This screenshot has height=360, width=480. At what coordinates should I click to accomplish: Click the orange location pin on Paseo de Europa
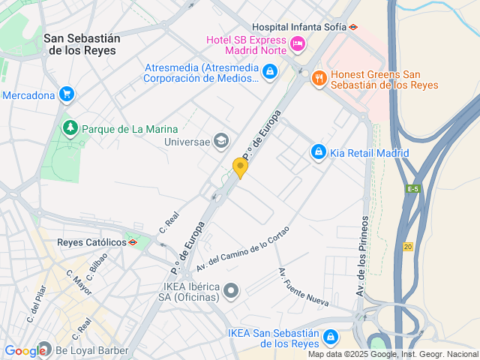pos(240,167)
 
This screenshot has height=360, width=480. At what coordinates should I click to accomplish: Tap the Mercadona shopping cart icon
pos(67,94)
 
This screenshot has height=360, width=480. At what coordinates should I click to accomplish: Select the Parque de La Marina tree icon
pos(70,128)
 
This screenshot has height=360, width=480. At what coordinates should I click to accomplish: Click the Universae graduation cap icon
pos(221,139)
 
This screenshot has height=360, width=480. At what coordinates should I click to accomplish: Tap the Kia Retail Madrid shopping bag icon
pos(319,152)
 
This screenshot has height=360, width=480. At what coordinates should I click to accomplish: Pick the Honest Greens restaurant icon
pos(319,77)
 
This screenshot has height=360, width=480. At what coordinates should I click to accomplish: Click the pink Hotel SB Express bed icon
pos(297,43)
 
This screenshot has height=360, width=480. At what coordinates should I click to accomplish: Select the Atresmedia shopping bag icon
pos(270,72)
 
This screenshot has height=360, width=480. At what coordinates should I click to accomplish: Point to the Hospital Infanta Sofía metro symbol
pos(353,26)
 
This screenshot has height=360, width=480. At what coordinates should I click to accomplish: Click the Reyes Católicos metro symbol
pos(133,242)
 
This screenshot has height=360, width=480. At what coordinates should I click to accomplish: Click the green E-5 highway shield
pos(412,189)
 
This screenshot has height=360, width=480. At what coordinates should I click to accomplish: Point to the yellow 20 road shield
pos(407,247)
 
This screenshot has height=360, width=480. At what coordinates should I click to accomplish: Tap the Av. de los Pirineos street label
pos(363,255)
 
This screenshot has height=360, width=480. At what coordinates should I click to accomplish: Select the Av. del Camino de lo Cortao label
pos(242,253)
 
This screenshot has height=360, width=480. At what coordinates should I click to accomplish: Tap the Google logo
pos(25,351)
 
